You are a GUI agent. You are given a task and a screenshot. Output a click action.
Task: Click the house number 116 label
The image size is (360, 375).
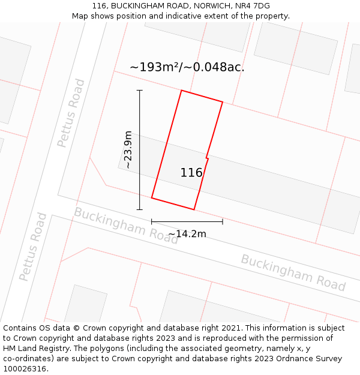(x=191, y=173)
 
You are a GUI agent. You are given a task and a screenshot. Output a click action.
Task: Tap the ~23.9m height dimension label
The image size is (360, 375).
(x=128, y=150)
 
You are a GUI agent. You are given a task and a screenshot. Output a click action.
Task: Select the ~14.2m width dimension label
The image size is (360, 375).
(x=187, y=233)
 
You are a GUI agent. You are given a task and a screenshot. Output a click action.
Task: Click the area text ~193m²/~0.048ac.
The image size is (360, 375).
(x=187, y=67)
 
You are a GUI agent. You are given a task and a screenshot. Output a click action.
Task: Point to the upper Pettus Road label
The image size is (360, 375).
(x=71, y=113)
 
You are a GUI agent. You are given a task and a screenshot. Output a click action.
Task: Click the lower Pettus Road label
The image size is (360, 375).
(x=33, y=247)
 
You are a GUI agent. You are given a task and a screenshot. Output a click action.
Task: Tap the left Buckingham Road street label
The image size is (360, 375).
(x=126, y=226)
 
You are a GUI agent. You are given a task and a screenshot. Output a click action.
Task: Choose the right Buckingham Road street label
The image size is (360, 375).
(x=293, y=272)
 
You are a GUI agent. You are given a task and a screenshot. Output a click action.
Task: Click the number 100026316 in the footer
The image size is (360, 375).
(x=23, y=369)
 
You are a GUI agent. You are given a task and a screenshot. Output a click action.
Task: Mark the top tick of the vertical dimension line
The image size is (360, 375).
(x=140, y=91)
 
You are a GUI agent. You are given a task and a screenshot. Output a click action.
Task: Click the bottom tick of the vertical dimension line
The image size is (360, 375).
(x=140, y=209)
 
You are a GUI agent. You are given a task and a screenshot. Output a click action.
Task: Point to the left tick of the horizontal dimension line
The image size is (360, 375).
(x=152, y=221)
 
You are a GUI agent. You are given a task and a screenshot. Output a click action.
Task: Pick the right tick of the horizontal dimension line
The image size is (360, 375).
(x=223, y=221)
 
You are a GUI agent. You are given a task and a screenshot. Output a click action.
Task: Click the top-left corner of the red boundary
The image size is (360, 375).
(x=181, y=91)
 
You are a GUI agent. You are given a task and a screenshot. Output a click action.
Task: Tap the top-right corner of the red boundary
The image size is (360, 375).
(x=223, y=102)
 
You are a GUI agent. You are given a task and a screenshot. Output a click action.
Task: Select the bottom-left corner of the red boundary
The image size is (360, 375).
(x=152, y=197)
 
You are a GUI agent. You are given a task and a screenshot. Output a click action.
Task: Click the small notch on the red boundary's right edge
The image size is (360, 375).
(x=207, y=158)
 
